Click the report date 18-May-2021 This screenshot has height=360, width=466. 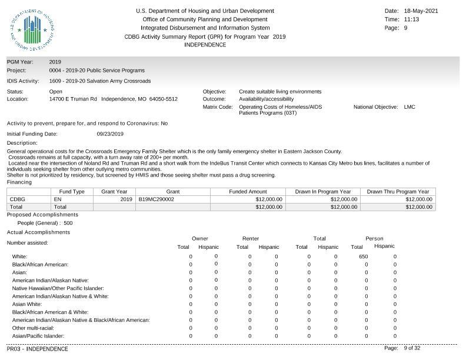pos(421,11)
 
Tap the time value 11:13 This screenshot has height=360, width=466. pos(412,19)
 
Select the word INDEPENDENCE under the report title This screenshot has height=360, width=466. pos(205,45)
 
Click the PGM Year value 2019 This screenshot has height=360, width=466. pos(55,62)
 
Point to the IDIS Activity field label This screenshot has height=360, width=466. pos(23,81)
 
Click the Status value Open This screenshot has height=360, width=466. pos(56,92)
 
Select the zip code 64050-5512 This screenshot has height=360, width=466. pos(163,99)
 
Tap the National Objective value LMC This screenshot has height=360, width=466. pos(410,107)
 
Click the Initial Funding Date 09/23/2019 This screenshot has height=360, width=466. pos(109,134)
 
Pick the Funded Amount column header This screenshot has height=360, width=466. pos(248,192)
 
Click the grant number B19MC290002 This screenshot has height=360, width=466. pos(157,199)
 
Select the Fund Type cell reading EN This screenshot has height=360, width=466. pos(58,199)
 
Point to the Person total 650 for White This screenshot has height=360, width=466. pos(363,256)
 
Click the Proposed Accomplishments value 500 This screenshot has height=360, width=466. pos(68,223)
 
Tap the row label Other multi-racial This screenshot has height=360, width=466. pos(33,328)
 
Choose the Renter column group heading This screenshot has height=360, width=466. pos(251,238)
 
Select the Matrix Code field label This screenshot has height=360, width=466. pos(218,107)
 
